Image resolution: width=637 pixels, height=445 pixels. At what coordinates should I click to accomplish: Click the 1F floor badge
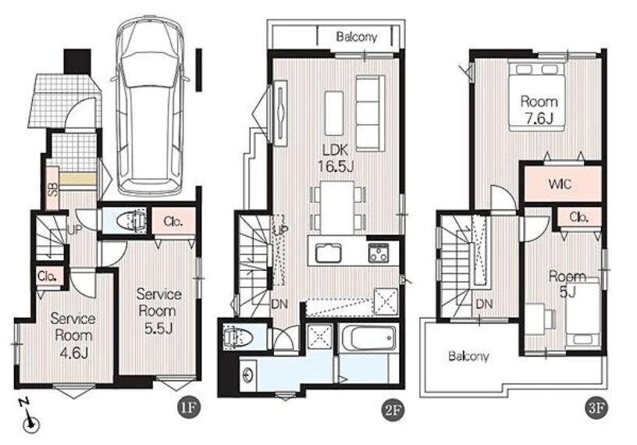[188, 408]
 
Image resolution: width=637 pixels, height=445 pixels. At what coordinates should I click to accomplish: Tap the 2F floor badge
[393, 408]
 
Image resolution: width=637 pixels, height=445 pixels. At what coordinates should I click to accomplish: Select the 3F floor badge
[596, 408]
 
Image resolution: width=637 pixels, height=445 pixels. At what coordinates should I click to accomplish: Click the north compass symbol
[29, 418]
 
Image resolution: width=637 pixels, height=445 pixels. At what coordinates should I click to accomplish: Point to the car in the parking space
[149, 105]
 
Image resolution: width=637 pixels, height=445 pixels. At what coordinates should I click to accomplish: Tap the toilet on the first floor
[131, 221]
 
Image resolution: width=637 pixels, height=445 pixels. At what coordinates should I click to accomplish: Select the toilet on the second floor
[238, 338]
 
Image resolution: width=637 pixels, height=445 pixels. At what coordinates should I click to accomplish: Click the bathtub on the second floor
[368, 337]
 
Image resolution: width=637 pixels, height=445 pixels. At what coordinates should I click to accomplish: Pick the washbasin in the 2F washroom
[247, 375]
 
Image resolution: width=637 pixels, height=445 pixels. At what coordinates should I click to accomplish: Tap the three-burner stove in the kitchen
[379, 253]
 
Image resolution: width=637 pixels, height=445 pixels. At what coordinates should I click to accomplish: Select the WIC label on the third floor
[560, 184]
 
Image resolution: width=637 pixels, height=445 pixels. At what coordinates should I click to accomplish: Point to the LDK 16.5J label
[336, 158]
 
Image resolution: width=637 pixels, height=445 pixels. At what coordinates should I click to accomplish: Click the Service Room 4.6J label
[73, 336]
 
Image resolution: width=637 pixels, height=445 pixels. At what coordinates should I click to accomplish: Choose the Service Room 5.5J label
[158, 311]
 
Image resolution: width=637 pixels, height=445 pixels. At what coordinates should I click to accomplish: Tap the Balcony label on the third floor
[468, 357]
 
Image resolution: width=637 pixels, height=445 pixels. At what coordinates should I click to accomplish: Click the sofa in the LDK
[370, 113]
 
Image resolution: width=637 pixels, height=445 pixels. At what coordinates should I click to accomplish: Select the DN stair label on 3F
[484, 304]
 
